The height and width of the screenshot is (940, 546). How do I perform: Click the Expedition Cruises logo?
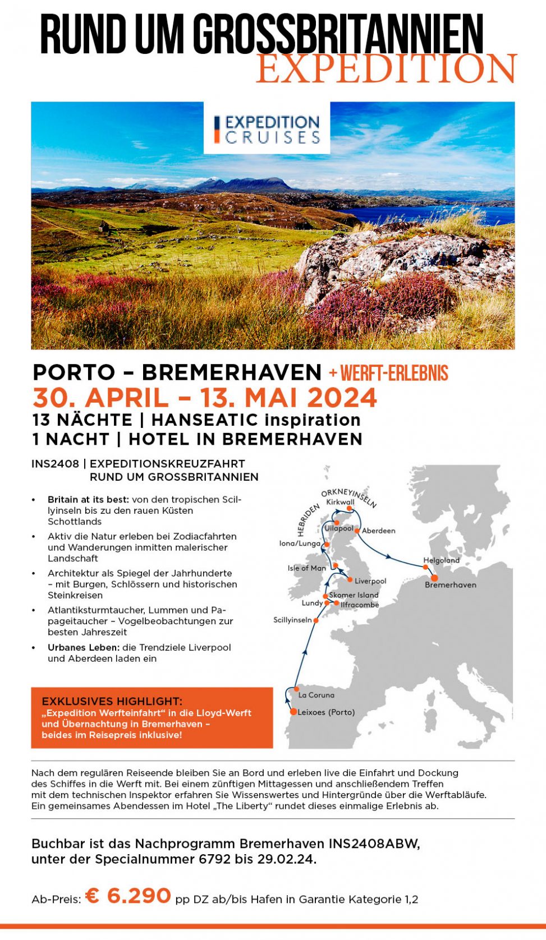click(x=267, y=128)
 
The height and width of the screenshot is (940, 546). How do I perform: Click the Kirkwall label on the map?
click(x=340, y=502)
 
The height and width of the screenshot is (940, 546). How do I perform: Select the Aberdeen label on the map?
click(x=379, y=531)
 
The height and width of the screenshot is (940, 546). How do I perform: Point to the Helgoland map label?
click(x=442, y=560)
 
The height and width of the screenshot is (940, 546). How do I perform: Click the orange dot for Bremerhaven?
click(x=434, y=577)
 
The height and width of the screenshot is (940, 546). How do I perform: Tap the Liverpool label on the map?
click(x=370, y=581)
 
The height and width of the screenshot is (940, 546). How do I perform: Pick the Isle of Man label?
click(x=307, y=568)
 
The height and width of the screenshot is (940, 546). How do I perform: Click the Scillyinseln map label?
click(x=292, y=620)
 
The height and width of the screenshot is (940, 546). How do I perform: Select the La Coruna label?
click(x=316, y=695)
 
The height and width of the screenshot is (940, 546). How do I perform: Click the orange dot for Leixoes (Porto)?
click(x=293, y=712)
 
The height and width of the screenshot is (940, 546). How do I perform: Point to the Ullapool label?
click(x=339, y=528)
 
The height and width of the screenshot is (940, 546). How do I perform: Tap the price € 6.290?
click(x=129, y=896)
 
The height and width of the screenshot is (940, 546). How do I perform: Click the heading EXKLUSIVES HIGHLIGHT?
click(x=112, y=701)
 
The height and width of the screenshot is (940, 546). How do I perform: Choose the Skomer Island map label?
click(x=354, y=595)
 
